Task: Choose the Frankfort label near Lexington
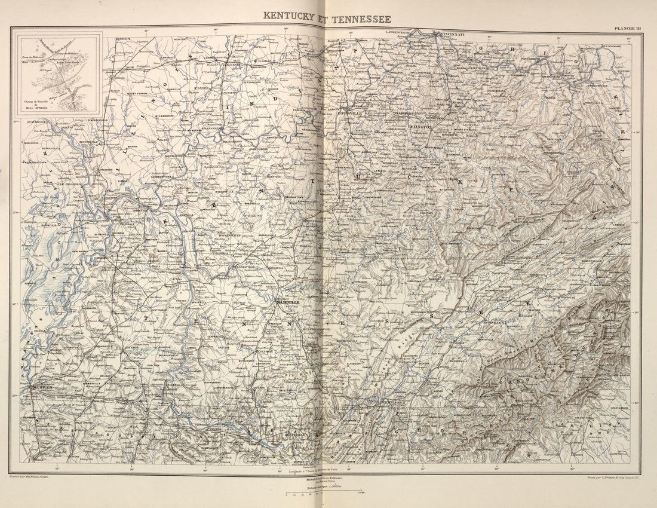click(x=404, y=113)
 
